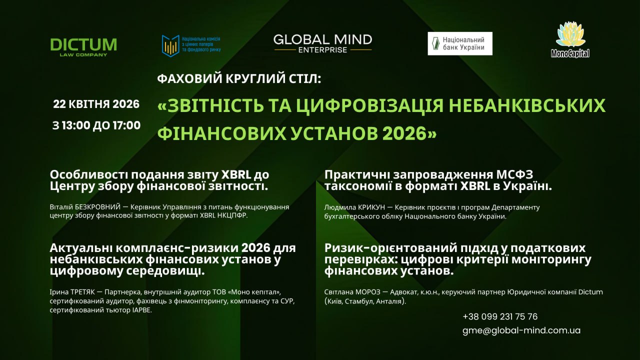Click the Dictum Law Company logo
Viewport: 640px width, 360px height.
click(83, 46)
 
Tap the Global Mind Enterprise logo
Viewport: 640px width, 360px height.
click(322, 43)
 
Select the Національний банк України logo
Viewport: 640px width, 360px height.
click(459, 43)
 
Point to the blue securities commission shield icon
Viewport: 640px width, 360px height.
click(170, 45)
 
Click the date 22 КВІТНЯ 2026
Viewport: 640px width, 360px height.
click(96, 104)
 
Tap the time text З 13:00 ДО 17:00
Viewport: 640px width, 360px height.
click(96, 125)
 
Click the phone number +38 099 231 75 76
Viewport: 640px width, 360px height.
click(500, 316)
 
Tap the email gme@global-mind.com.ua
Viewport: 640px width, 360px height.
click(521, 330)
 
